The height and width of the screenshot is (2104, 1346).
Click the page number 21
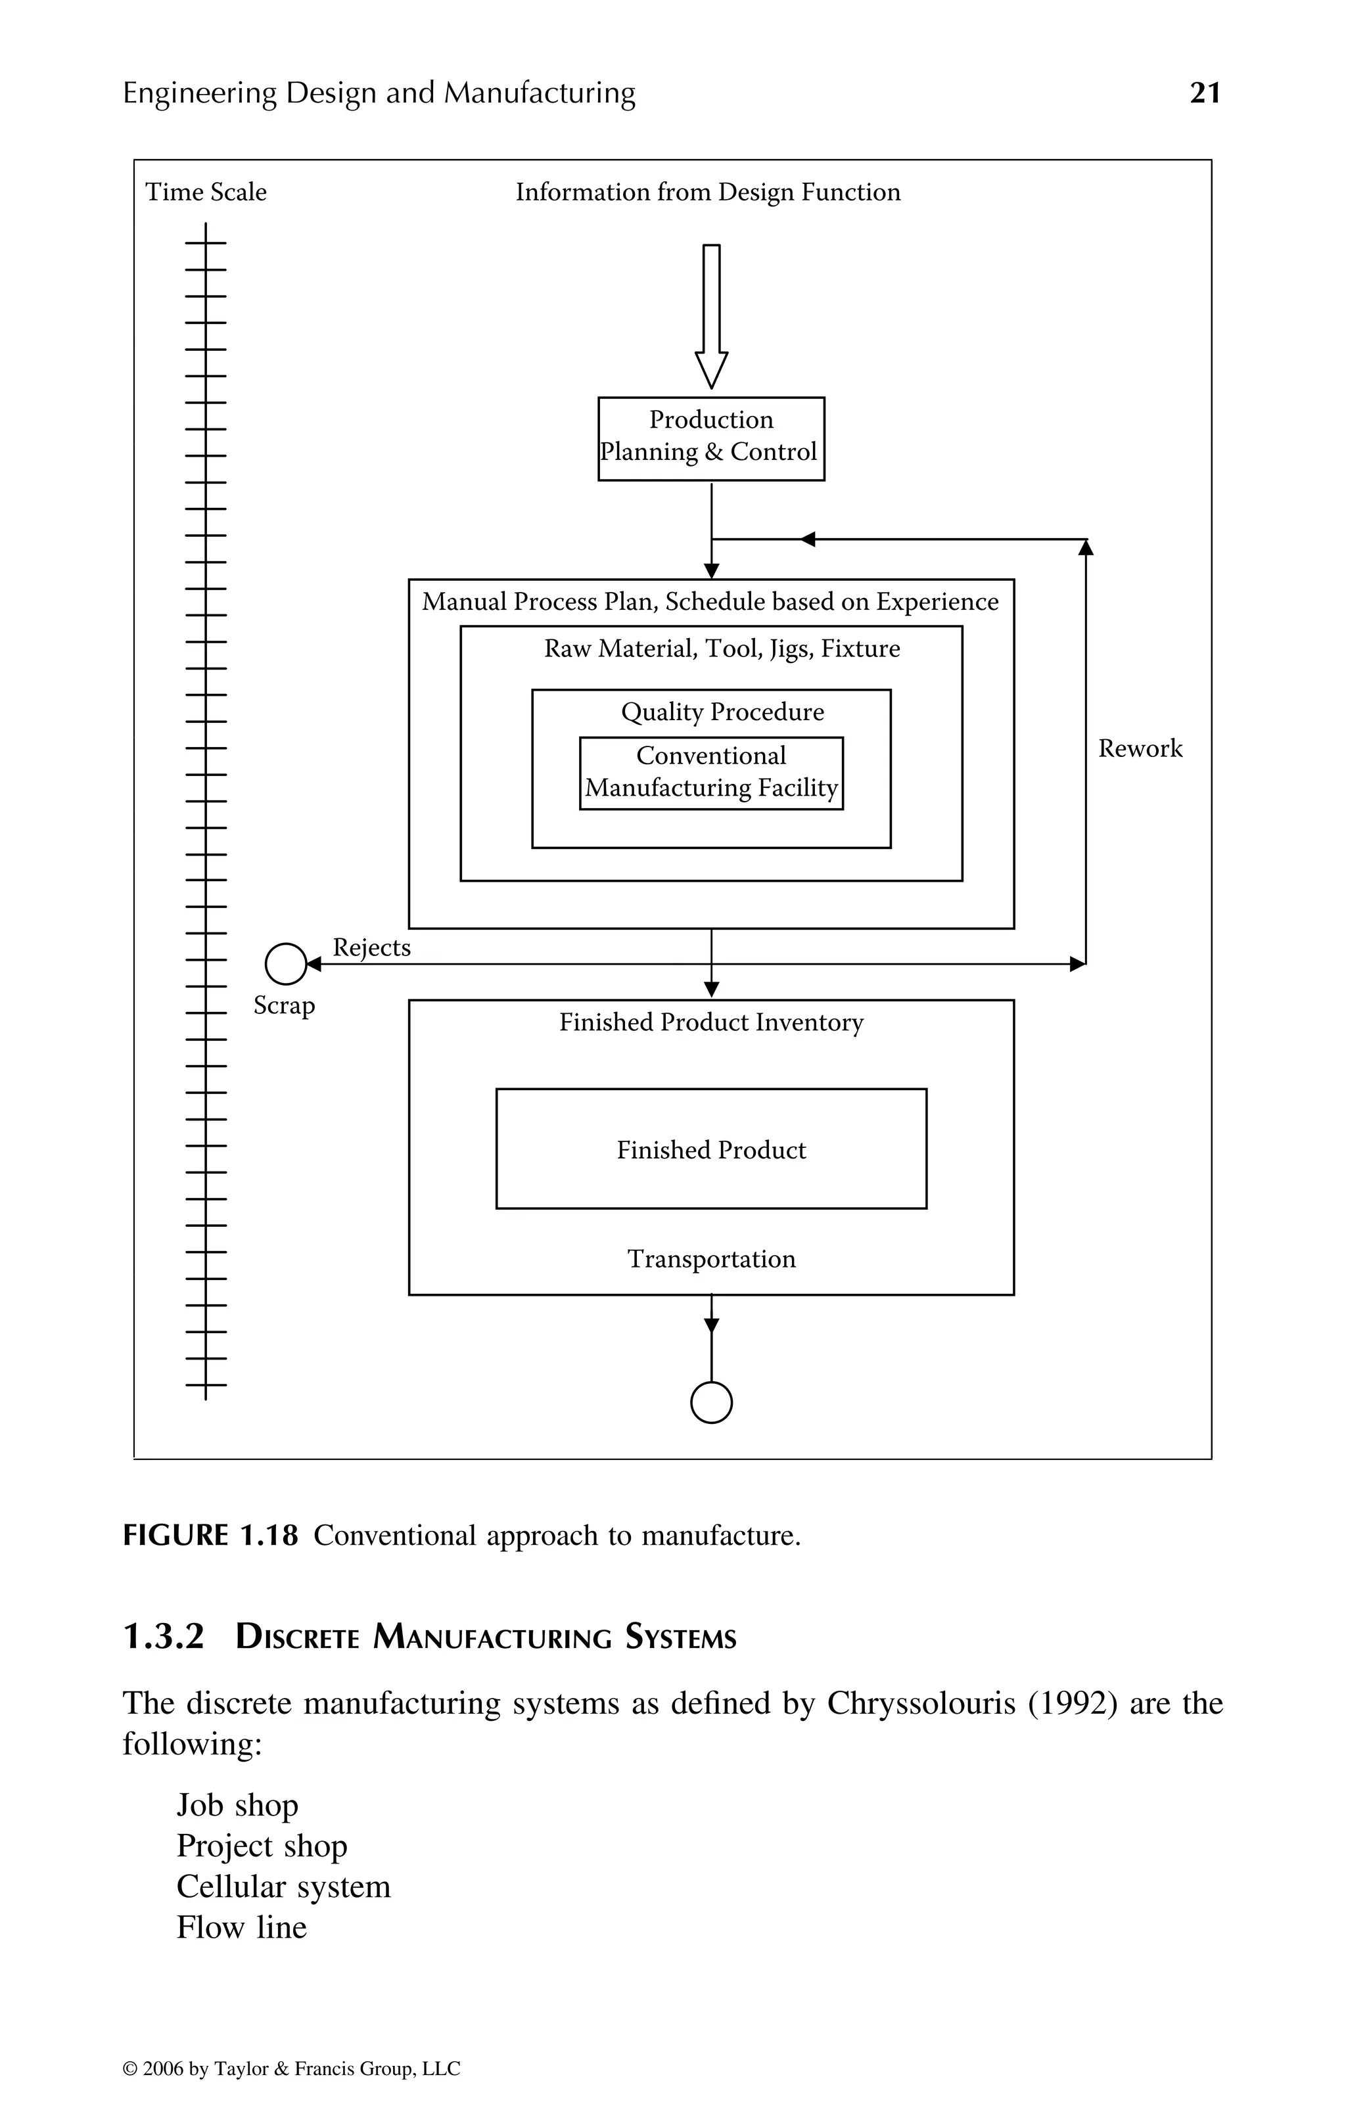coord(1205,93)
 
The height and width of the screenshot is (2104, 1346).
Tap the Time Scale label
coord(206,193)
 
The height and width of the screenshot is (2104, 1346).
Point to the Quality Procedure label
coord(722,712)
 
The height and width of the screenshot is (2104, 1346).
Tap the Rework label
coord(1140,749)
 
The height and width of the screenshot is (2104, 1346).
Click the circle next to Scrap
coord(286,964)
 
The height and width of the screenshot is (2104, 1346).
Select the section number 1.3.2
coord(164,1637)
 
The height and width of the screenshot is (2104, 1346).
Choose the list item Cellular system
coord(283,1887)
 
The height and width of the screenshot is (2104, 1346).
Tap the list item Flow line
coord(241,1927)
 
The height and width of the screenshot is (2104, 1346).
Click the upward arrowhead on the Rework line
coord(1086,548)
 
